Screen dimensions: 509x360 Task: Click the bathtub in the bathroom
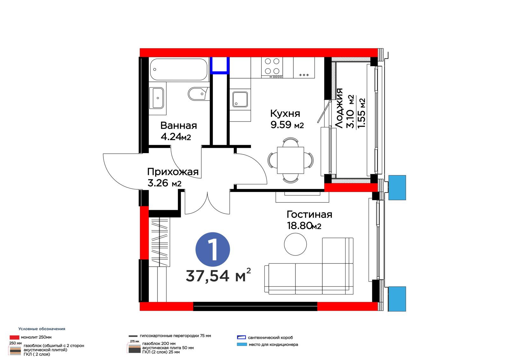point(178,69)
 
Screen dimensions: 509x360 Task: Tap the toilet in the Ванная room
point(199,94)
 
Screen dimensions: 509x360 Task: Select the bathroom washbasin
point(158,98)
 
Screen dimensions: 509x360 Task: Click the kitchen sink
point(240,99)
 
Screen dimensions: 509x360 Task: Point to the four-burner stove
point(272,67)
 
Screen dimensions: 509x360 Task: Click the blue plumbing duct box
point(220,66)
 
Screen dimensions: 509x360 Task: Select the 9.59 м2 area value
point(287,125)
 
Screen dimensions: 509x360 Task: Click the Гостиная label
point(309,215)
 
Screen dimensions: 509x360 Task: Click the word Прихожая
point(173,172)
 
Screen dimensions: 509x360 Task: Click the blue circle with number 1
point(213,250)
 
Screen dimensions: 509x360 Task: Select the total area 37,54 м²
point(218,275)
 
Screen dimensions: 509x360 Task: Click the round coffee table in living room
point(296,244)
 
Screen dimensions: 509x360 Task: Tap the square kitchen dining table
point(291,160)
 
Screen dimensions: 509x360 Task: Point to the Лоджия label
point(339,108)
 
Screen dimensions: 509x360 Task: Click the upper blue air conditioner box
point(397,187)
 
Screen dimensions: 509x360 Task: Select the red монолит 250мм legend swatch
point(14,337)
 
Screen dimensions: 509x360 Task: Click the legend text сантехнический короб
point(270,337)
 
